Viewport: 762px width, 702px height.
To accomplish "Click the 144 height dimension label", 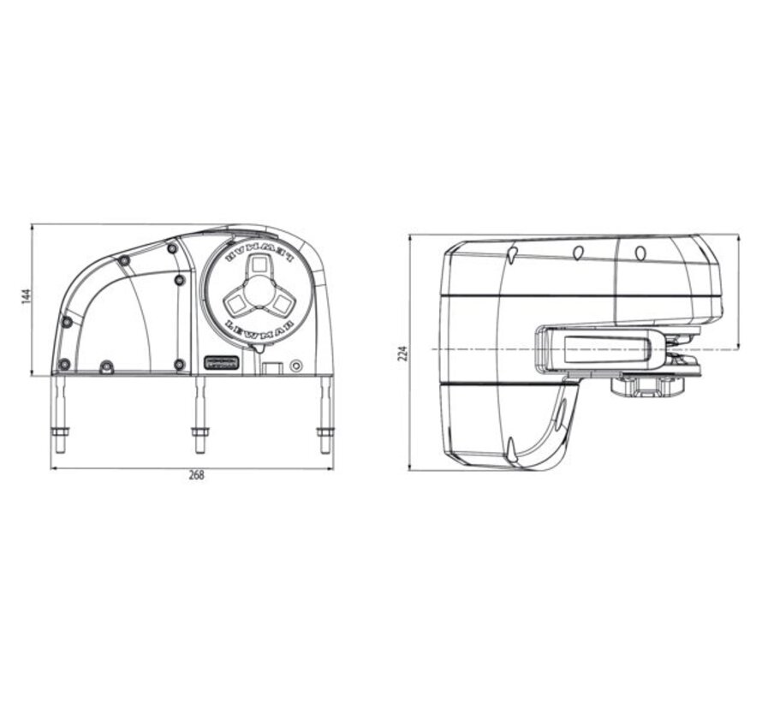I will coord(27,296).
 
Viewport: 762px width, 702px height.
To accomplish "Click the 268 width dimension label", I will coord(197,476).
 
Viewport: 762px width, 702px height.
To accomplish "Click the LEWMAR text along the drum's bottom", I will coord(256,329).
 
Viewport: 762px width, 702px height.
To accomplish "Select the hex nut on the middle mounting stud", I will coord(199,436).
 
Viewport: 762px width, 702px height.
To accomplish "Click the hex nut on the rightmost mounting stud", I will coord(325,434).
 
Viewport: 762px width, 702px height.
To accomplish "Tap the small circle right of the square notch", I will coord(296,366).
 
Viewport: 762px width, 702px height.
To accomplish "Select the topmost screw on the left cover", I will coord(172,248).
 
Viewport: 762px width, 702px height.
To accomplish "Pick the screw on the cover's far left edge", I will coord(67,322).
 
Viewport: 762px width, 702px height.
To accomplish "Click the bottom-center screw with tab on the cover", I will coord(106,366).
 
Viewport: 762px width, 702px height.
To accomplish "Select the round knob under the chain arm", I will coord(650,386).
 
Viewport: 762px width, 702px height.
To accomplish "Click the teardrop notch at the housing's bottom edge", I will coord(510,445).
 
